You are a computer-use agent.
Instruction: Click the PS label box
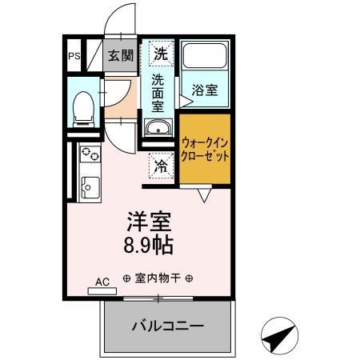coord(74,57)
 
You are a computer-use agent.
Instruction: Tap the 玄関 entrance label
coord(122,57)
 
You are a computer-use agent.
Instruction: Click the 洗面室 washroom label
coord(160,92)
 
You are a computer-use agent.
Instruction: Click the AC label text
coord(102,282)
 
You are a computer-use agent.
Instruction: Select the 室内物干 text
coord(158,279)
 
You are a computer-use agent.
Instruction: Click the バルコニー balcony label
coord(167,326)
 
